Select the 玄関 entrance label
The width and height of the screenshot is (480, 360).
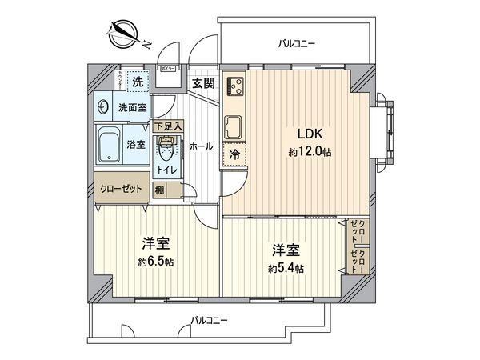coord(202,82)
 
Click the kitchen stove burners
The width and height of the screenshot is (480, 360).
coord(236,86)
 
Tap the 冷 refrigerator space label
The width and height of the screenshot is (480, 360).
coord(235,155)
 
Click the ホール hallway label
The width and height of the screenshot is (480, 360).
coord(201,146)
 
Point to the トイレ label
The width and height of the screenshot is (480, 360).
coord(166,170)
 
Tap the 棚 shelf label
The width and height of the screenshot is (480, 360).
coord(160,190)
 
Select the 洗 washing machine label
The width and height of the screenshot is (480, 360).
coord(138,82)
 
